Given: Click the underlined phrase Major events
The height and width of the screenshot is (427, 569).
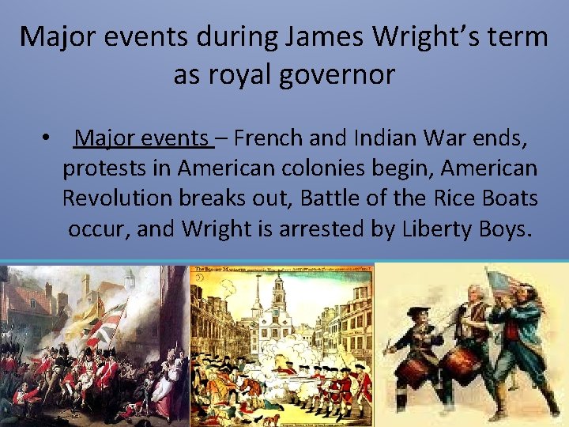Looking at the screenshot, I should tap(142, 138).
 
